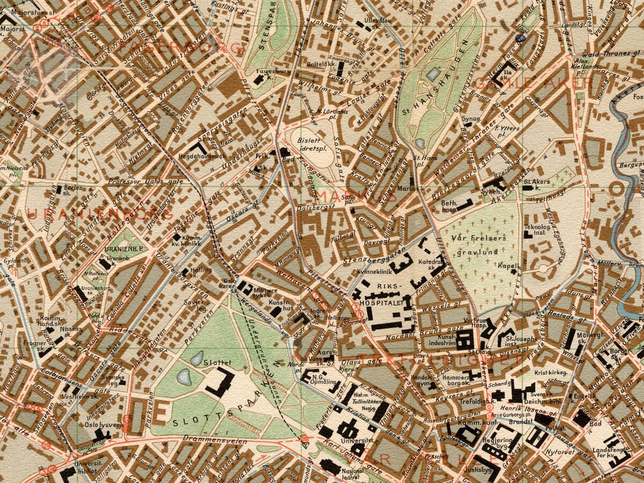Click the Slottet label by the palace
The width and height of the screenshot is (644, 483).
(x=218, y=363)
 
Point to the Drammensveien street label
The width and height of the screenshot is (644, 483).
(x=215, y=442)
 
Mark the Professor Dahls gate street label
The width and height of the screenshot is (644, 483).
(x=145, y=181)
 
